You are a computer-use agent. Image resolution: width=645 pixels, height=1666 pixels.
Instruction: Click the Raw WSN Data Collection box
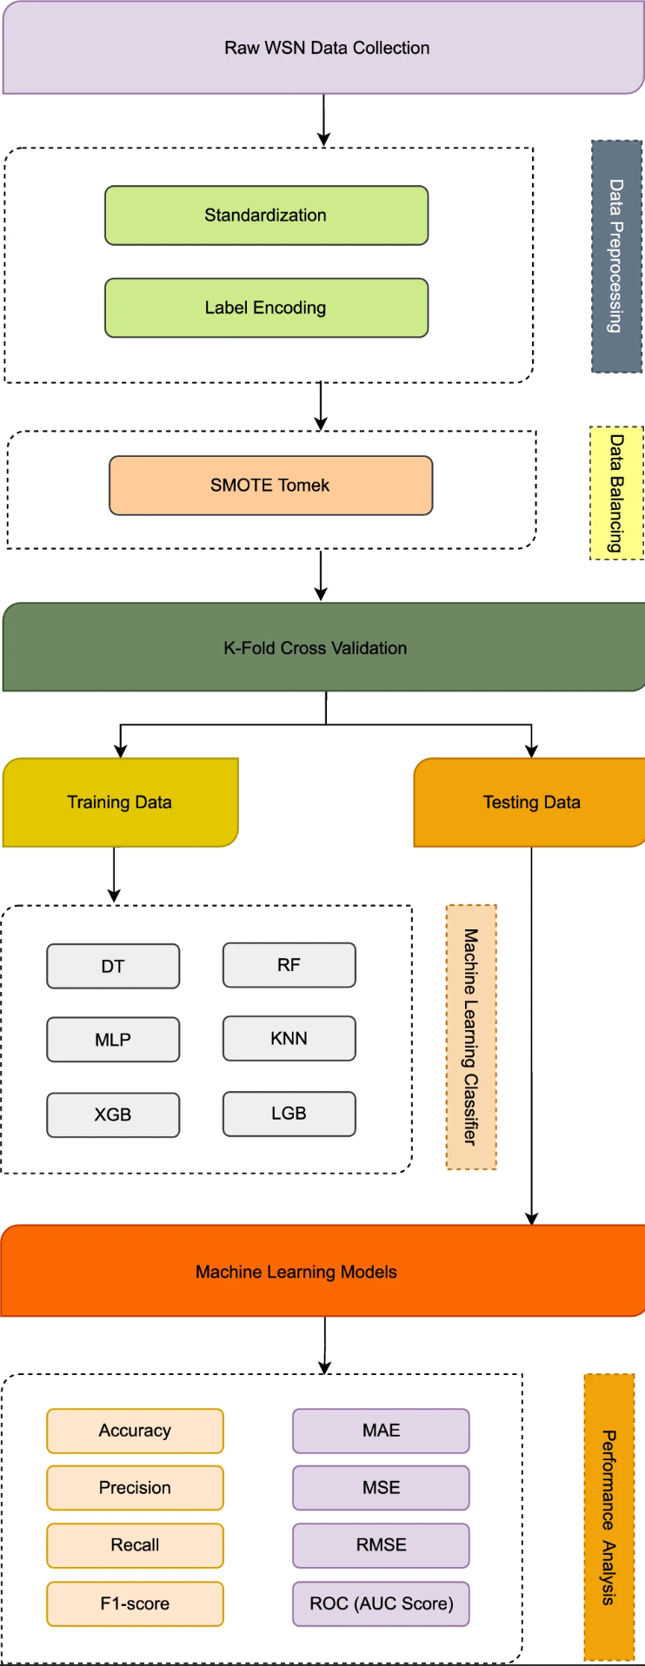click(326, 49)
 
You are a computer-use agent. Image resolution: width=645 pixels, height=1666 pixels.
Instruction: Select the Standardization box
click(266, 215)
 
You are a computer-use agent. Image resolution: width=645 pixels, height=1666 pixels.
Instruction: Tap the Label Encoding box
click(266, 307)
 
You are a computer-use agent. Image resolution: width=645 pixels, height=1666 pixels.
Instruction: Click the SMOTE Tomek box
click(270, 486)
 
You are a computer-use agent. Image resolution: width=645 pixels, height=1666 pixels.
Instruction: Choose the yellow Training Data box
click(120, 803)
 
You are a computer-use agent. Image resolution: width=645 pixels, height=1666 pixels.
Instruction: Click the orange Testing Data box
click(530, 803)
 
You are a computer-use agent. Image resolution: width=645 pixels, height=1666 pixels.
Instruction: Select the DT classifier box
click(113, 967)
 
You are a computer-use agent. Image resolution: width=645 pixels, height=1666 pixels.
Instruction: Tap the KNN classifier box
click(289, 1039)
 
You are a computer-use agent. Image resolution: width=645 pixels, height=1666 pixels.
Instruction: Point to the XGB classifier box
click(113, 1115)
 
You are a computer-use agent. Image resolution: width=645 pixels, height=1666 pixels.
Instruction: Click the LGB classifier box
click(289, 1114)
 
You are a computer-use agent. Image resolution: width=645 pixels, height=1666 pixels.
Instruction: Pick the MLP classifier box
click(113, 1041)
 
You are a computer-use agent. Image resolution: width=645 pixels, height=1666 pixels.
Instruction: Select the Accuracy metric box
click(135, 1431)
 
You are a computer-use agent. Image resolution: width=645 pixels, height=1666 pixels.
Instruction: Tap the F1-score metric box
click(135, 1603)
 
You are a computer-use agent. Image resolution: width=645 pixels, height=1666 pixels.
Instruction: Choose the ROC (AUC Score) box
click(381, 1603)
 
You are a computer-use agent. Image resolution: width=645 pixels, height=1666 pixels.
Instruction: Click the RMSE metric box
click(381, 1545)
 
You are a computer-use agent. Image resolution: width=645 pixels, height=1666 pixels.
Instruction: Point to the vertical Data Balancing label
click(616, 493)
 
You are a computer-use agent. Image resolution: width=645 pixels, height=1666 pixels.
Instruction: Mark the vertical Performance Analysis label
click(608, 1517)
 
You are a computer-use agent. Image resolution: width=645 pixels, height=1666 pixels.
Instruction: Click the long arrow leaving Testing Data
click(531, 1034)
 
